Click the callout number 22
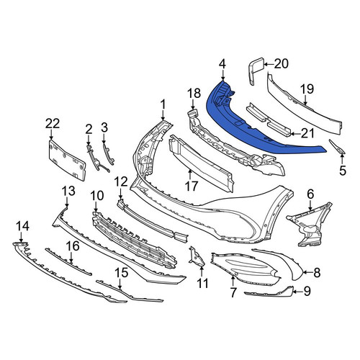pyautogui.click(x=53, y=124)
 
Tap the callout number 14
pyautogui.click(x=23, y=226)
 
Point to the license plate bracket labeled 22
pyautogui.click(x=67, y=160)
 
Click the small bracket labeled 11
pyautogui.click(x=197, y=257)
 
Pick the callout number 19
pyautogui.click(x=308, y=89)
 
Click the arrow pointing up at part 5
pyautogui.click(x=343, y=160)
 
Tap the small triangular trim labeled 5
pyautogui.click(x=338, y=146)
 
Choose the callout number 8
pyautogui.click(x=317, y=272)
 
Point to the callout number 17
pyautogui.click(x=192, y=186)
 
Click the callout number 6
pyautogui.click(x=310, y=194)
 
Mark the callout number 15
pyautogui.click(x=122, y=274)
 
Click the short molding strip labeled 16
pyautogui.click(x=68, y=262)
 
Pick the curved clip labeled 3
pyautogui.click(x=108, y=153)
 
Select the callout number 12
pyautogui.click(x=121, y=182)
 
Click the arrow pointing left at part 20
pyautogui.click(x=269, y=64)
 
